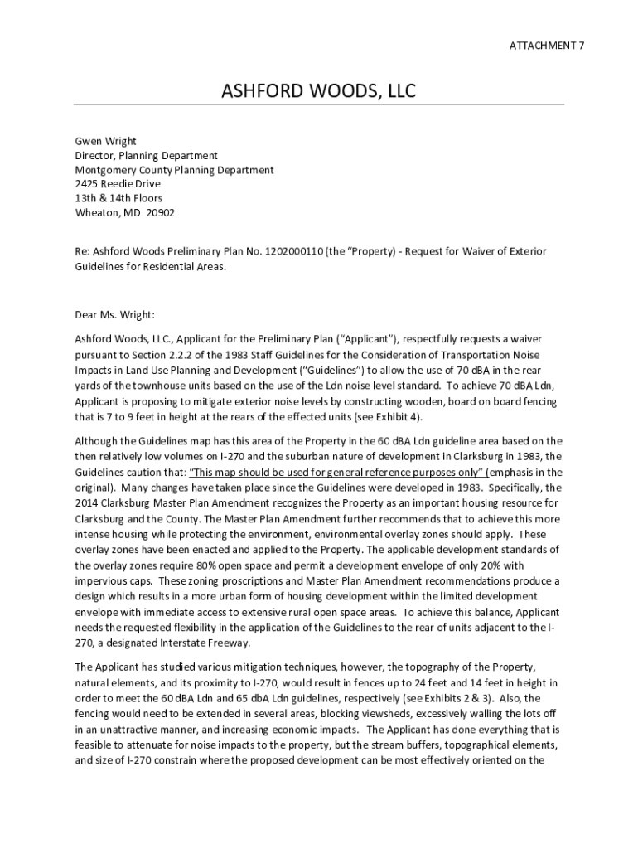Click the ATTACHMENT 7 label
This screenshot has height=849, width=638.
[546, 46]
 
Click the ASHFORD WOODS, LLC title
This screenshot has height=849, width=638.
[318, 90]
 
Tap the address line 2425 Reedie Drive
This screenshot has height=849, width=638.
[118, 183]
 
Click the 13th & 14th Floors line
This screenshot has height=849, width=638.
[118, 198]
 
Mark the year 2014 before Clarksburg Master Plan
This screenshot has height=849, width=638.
[87, 502]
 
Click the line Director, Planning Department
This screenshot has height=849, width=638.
[147, 155]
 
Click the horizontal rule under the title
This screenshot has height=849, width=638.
[318, 104]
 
